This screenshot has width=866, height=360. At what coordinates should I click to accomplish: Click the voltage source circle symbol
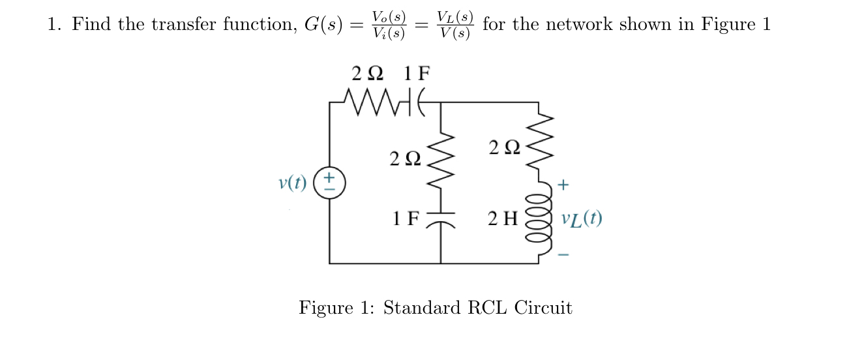coord(329,182)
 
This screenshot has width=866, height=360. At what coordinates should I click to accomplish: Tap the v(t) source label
coord(292,183)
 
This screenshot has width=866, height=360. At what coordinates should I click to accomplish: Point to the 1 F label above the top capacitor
coord(417,73)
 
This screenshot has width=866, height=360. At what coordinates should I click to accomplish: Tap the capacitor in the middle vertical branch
coord(441,220)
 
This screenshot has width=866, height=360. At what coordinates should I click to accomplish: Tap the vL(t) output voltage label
coord(582,218)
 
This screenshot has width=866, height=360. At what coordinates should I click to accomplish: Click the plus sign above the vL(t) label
coord(563,187)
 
